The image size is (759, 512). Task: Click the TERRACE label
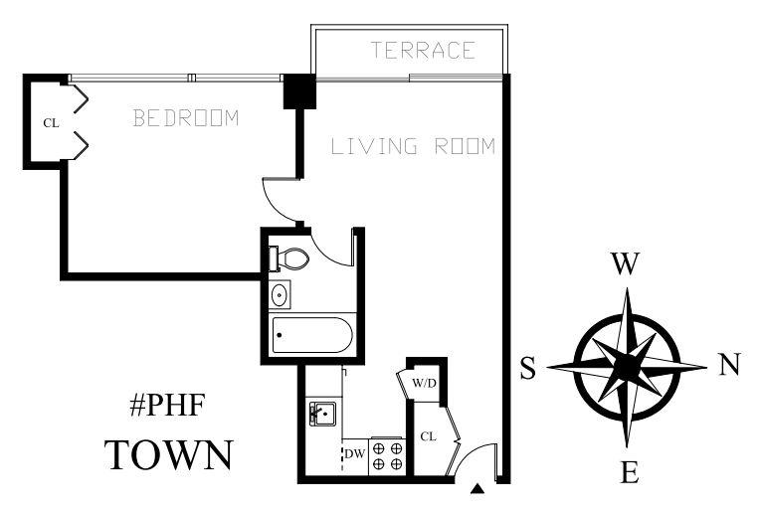coord(423,51)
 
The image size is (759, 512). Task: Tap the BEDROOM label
coord(187,119)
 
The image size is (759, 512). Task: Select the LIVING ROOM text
coord(413,147)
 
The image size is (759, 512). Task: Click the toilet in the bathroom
coord(290,258)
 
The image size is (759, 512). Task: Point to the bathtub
coord(311,335)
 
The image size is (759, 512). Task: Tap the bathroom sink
coord(280,294)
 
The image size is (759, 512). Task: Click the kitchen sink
coord(321,414)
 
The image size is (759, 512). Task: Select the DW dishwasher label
coord(354,455)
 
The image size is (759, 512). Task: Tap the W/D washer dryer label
coord(424,382)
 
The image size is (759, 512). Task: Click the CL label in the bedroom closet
coord(51,122)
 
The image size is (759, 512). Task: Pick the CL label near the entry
coord(428,435)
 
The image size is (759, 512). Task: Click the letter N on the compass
coord(729,366)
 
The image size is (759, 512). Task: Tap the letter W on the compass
coord(624,264)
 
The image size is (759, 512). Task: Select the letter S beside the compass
coord(527,369)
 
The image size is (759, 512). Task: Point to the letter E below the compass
coord(629,472)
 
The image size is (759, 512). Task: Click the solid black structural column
coord(299,92)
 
